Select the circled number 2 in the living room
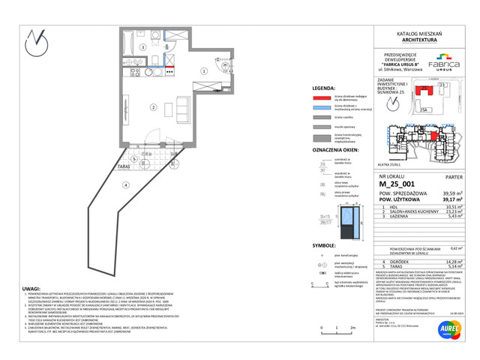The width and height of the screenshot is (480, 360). coord(152,108)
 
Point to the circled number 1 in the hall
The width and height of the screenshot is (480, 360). coord(203,71)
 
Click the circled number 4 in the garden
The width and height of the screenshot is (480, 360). coord(126,184)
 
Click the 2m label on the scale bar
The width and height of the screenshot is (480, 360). coord(352,328)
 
